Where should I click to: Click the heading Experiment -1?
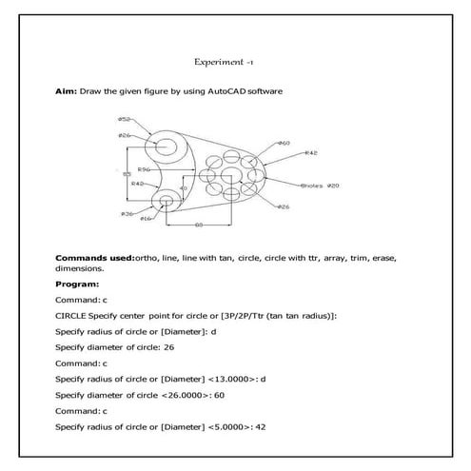(224, 61)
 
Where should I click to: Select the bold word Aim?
(67, 91)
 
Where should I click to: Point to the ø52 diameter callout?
(125, 119)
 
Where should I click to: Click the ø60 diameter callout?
(284, 142)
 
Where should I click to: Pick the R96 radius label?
(145, 168)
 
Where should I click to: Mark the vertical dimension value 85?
(127, 174)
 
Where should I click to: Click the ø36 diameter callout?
(126, 213)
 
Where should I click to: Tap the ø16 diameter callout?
(146, 219)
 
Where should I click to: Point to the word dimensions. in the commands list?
(80, 268)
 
